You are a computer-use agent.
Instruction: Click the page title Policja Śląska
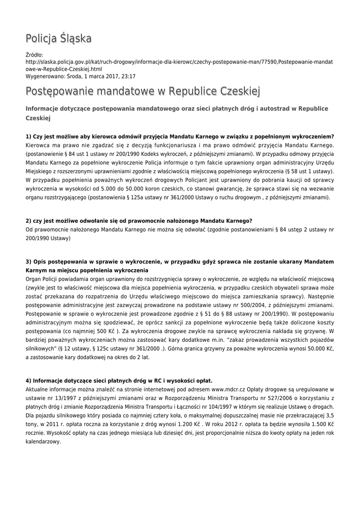click(59, 39)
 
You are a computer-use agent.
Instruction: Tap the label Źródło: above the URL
click(34, 55)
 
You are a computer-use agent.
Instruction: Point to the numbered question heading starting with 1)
click(179, 136)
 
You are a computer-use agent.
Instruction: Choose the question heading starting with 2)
click(139, 220)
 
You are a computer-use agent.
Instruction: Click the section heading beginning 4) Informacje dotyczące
click(119, 381)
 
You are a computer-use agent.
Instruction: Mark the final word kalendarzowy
click(43, 443)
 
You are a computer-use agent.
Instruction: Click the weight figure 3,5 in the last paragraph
click(328, 416)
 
